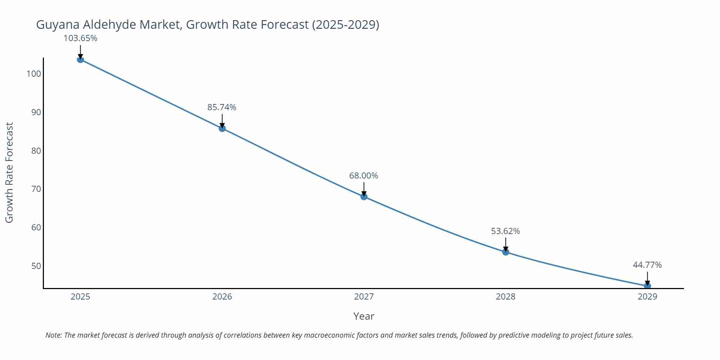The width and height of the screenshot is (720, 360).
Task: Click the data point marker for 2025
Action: (80, 59)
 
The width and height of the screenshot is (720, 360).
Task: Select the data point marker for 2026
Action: (222, 128)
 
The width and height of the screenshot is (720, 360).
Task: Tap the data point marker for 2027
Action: (364, 197)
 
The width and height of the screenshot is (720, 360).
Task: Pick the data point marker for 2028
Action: (505, 252)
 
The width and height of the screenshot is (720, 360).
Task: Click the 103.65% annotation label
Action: (80, 38)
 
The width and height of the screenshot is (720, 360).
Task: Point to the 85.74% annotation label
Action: (222, 107)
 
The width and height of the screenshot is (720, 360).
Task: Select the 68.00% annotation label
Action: (364, 176)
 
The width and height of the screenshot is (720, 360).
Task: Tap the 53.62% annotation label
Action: (505, 231)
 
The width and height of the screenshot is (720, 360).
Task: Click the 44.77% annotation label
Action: (647, 265)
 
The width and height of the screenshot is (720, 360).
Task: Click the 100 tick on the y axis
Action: (34, 74)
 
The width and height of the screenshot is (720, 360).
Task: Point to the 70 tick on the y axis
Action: (36, 189)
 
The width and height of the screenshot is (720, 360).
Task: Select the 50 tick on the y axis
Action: (36, 266)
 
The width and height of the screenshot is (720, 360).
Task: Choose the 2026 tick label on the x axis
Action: (222, 297)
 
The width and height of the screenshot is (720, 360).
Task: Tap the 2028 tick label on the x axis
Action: (505, 297)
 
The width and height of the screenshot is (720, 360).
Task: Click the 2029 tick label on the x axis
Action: (647, 297)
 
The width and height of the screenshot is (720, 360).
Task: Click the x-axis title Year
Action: (364, 316)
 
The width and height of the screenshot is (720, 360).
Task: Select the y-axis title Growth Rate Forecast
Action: (9, 172)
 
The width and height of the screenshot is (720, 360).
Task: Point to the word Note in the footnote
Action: (53, 335)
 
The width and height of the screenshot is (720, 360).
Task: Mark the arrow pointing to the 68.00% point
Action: (364, 189)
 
